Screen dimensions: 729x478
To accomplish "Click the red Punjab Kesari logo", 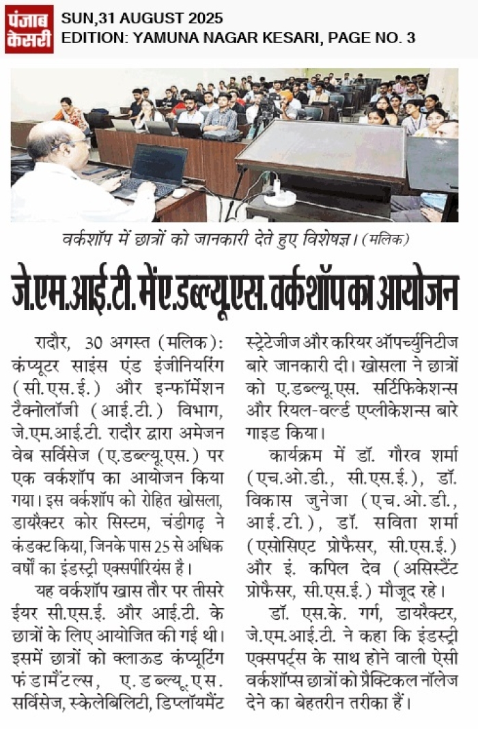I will (29, 29).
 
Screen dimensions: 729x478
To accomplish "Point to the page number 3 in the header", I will (410, 38).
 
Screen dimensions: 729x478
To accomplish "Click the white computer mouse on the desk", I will (180, 193).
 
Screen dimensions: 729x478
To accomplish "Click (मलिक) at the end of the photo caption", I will (389, 240).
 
